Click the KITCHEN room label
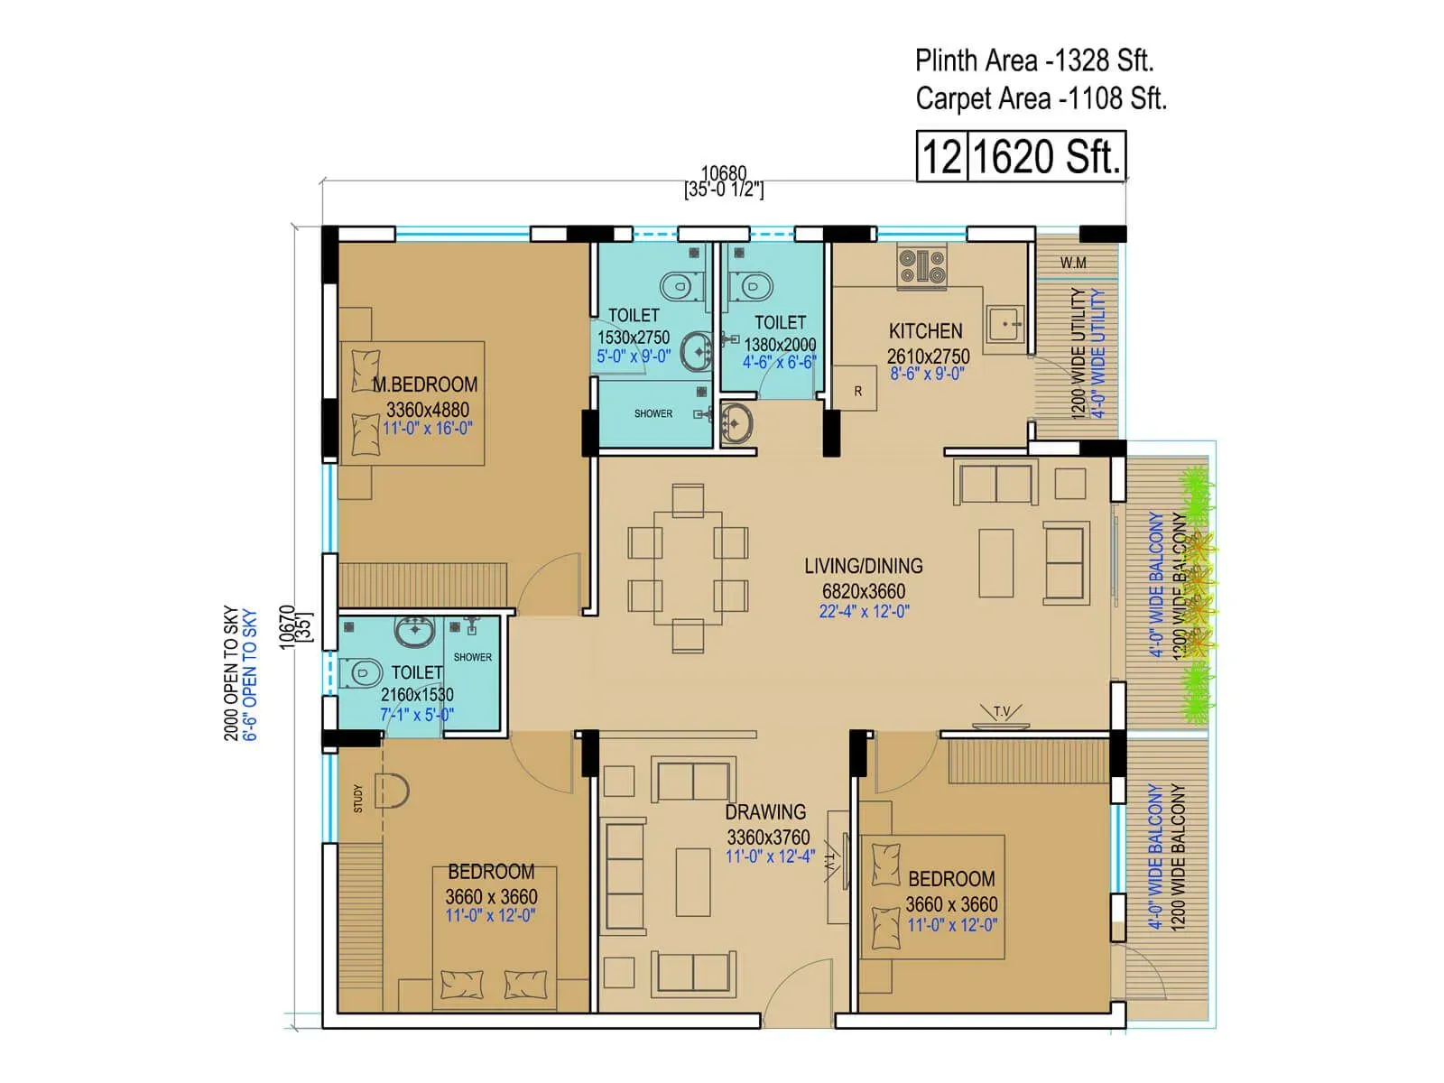[925, 331]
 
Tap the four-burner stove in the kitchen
[921, 267]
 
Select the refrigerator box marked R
[856, 391]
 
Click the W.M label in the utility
[1073, 263]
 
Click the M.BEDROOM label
[424, 384]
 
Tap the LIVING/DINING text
[863, 567]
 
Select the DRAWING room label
[765, 812]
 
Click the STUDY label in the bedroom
[358, 798]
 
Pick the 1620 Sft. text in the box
[1046, 157]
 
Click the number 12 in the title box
[941, 157]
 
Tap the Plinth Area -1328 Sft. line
[1033, 60]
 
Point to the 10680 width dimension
[723, 172]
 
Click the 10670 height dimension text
[287, 626]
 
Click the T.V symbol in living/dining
[1001, 716]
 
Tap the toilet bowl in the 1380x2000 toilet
[752, 286]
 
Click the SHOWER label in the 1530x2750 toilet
[653, 413]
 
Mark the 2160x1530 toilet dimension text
[417, 695]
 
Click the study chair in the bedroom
[392, 791]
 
